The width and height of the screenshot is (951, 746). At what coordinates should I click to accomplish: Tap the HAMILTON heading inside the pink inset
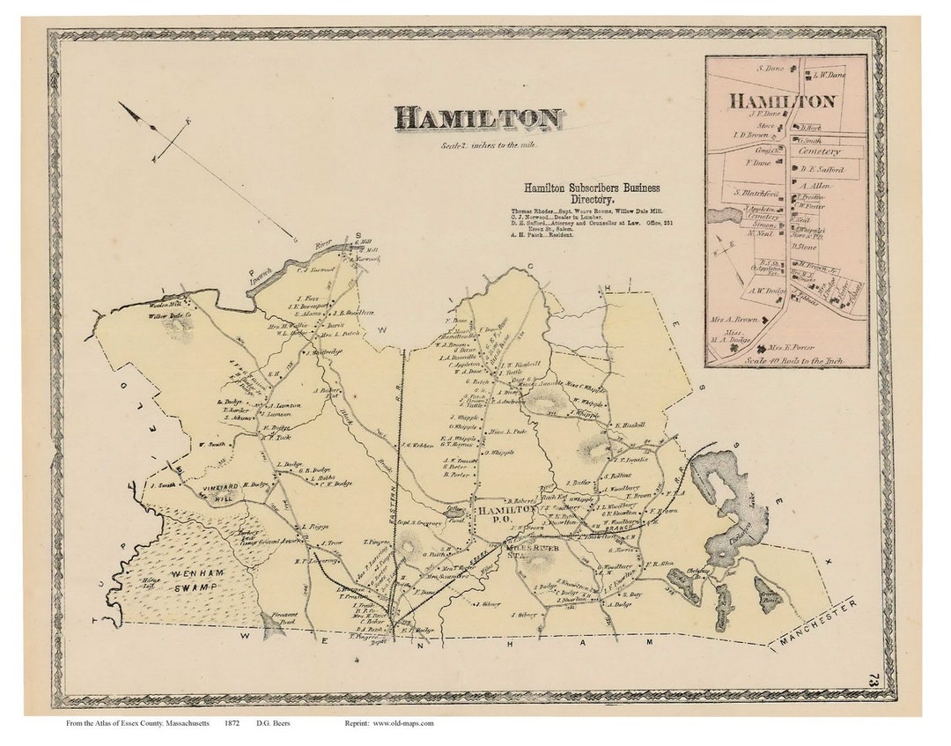pyautogui.click(x=781, y=101)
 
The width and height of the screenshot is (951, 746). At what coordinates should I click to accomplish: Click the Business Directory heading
pyautogui.click(x=591, y=194)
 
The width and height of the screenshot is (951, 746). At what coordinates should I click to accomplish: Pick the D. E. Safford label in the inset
pyautogui.click(x=821, y=169)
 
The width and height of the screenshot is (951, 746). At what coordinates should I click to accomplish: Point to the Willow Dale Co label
pyautogui.click(x=169, y=315)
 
